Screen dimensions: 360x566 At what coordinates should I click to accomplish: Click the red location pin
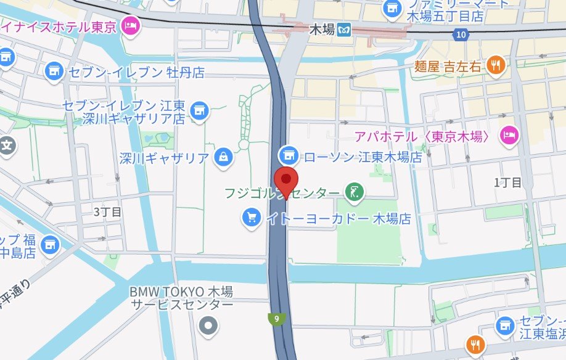point(285,179)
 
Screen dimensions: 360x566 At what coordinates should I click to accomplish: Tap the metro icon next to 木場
point(344,28)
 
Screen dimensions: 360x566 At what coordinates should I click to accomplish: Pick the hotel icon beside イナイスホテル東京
point(131,25)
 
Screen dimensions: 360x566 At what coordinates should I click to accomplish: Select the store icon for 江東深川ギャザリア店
point(199,111)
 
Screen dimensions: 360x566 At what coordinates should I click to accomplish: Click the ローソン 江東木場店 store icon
point(287,154)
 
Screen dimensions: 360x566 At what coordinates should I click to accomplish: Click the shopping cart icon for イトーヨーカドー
point(251,217)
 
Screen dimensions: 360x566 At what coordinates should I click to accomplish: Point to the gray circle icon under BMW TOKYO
point(208,324)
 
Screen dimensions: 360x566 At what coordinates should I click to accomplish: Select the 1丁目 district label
point(508,182)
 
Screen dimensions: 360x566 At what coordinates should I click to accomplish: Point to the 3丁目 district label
point(107,211)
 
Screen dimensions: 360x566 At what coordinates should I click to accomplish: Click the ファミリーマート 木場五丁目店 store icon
point(391,9)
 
